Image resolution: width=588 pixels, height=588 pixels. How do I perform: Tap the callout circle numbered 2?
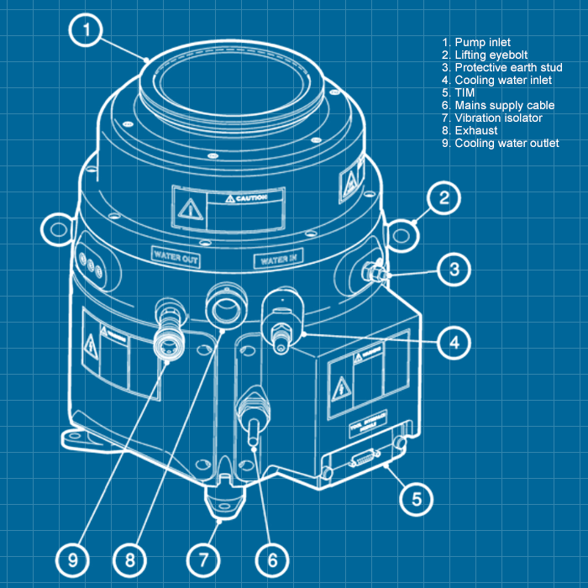(444, 199)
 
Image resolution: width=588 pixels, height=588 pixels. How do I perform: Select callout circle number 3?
(454, 270)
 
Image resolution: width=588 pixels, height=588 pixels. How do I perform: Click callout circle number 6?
(273, 559)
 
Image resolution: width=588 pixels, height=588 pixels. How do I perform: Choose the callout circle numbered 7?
(202, 559)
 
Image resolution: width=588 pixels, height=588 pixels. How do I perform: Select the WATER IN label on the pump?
(279, 260)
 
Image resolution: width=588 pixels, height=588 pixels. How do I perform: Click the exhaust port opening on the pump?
(227, 308)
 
